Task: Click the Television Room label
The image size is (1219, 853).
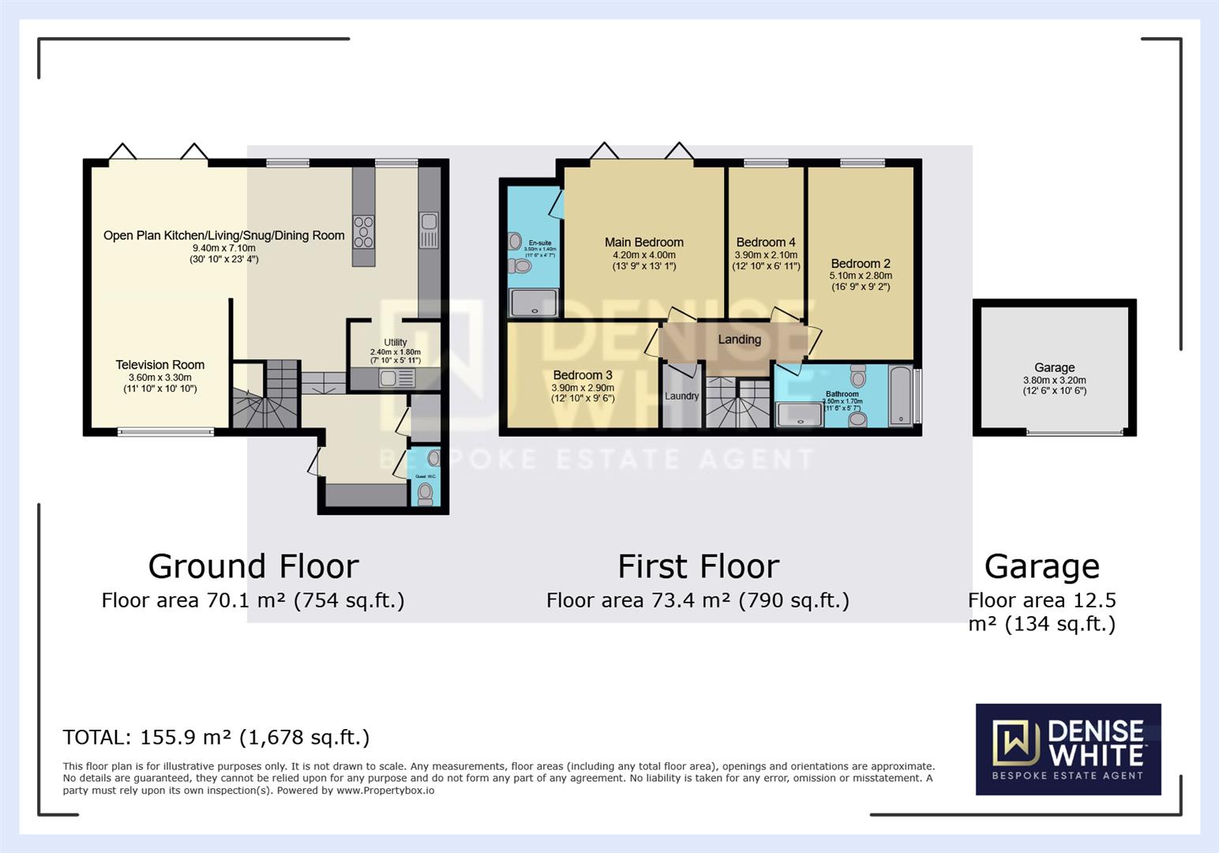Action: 159,365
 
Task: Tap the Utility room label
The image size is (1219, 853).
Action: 396,342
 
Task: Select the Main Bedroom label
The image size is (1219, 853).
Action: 643,242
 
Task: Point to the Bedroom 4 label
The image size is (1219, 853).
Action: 766,242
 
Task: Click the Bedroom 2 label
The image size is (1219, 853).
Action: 860,264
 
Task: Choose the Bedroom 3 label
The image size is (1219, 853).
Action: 582,375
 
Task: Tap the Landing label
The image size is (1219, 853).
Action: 739,340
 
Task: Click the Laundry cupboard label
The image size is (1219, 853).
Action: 681,396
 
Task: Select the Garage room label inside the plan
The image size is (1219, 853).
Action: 1054,367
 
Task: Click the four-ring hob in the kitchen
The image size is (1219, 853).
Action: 363,232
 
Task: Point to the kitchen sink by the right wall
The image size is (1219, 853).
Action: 429,230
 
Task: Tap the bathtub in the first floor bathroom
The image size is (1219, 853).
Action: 900,395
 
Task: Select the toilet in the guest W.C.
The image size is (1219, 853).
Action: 426,493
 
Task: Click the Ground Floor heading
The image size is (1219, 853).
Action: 253,566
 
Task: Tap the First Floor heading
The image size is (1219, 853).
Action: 698,566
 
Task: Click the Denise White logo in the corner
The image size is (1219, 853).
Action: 1067,748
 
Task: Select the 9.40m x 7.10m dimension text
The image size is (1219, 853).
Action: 223,247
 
